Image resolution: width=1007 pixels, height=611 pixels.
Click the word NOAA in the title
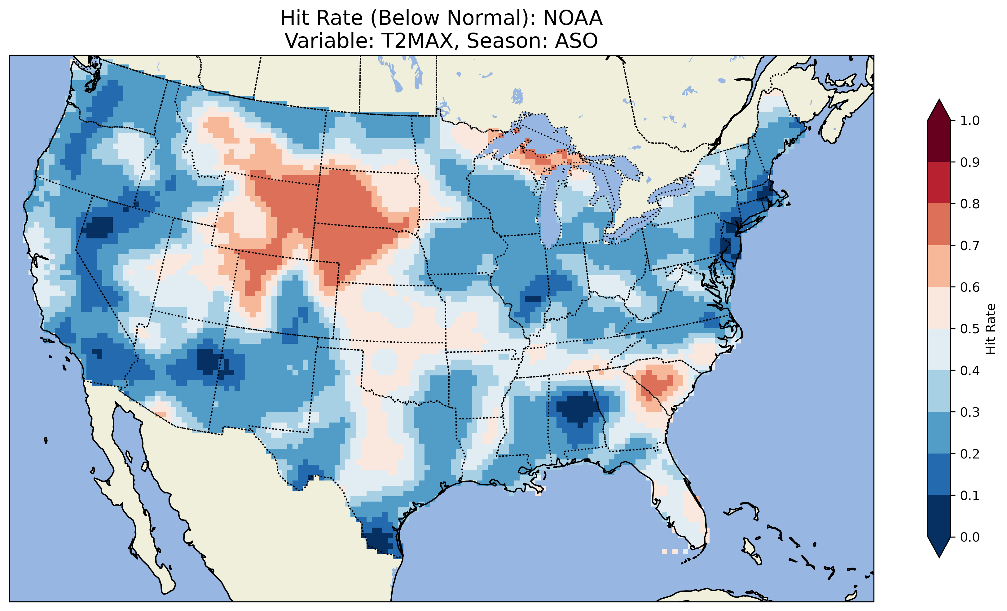click(x=573, y=18)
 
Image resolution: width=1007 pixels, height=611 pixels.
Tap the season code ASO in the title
click(x=576, y=41)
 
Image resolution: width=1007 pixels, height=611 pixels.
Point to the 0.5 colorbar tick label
click(x=970, y=329)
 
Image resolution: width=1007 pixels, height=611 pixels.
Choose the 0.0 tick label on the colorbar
click(x=970, y=537)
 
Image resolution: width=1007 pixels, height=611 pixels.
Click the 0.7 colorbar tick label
click(x=970, y=246)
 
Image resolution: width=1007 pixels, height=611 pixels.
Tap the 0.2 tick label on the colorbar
click(x=970, y=454)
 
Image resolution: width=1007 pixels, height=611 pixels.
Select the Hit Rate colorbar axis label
click(x=991, y=329)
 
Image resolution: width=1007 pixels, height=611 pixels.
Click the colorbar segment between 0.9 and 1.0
click(x=939, y=141)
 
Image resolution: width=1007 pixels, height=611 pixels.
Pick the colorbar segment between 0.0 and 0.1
click(x=939, y=516)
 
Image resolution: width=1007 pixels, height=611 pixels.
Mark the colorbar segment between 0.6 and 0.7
click(x=939, y=266)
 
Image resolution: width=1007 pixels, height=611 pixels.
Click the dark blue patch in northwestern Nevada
click(x=98, y=227)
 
